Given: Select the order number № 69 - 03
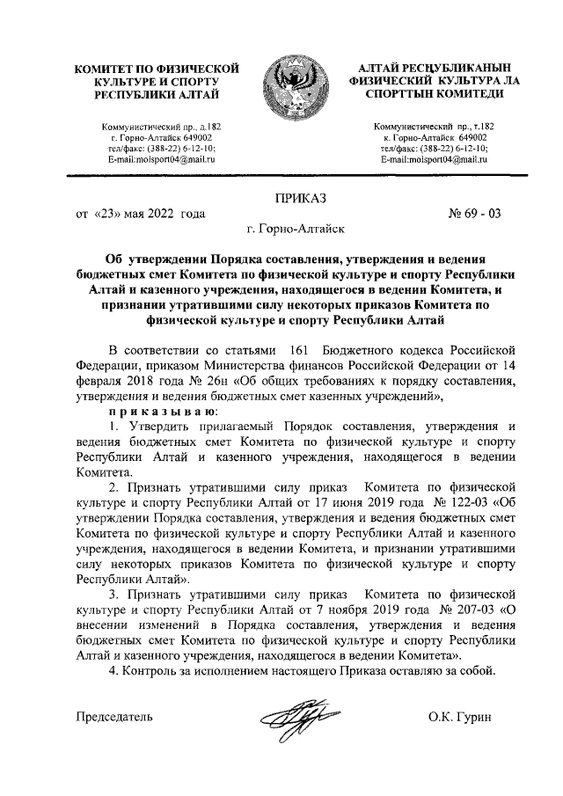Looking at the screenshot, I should pos(474,214).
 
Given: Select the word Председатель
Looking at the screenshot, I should pos(115,717).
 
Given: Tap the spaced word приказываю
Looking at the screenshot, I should pos(159,412).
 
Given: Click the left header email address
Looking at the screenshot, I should pos(161,160).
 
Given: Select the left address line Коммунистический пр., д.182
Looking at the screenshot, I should pos(161,128).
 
